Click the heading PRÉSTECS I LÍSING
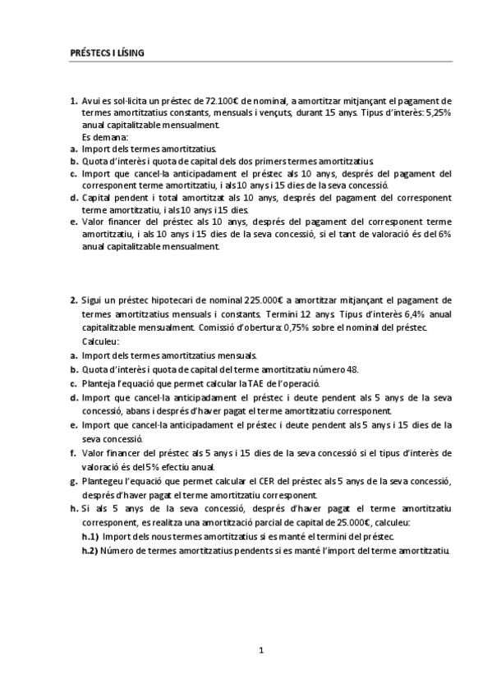coord(106,53)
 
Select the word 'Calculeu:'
coord(101,341)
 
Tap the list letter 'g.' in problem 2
coord(74,481)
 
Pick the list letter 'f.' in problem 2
coord(74,453)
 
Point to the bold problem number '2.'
coord(74,300)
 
